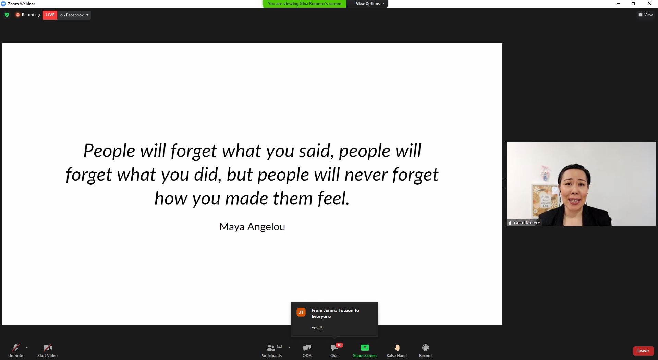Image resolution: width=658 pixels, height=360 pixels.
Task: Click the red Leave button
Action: (643, 351)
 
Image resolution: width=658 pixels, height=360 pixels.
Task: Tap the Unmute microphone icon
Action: (16, 348)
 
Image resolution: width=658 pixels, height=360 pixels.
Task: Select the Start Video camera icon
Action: (48, 348)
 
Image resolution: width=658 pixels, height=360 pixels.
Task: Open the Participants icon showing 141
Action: (271, 348)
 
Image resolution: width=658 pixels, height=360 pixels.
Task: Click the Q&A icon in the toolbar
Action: (307, 348)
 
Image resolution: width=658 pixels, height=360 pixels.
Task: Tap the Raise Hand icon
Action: (397, 348)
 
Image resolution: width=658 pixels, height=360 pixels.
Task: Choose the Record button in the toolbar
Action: (426, 348)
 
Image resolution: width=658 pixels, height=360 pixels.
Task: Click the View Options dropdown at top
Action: (370, 4)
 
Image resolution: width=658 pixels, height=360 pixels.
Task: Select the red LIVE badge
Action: (50, 15)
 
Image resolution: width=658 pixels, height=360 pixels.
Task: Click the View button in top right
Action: (646, 15)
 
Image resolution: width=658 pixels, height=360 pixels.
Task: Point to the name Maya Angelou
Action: (252, 227)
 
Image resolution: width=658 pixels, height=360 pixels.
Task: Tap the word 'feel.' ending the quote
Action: (333, 199)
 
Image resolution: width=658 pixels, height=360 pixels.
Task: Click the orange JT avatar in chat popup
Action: (301, 312)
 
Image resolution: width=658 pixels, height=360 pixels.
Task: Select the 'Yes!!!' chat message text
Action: (317, 328)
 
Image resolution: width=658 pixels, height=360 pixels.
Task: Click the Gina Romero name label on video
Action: (527, 223)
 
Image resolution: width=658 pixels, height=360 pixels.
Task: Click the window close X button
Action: (649, 4)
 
